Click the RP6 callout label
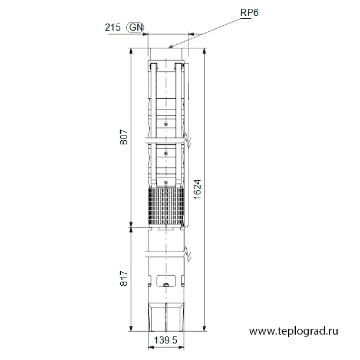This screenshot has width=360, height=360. click(x=249, y=12)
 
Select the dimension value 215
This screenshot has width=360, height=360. click(x=113, y=27)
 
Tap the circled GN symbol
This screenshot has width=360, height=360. click(x=136, y=27)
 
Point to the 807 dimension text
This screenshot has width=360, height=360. click(x=124, y=137)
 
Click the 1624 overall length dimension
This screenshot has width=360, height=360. click(x=197, y=189)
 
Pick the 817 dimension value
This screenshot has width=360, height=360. click(x=124, y=278)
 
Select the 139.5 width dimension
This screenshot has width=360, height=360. click(x=166, y=340)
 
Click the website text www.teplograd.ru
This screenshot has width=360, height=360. click(x=293, y=331)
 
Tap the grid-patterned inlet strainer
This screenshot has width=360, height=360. click(x=166, y=206)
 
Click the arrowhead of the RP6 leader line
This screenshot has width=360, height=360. click(x=170, y=47)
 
